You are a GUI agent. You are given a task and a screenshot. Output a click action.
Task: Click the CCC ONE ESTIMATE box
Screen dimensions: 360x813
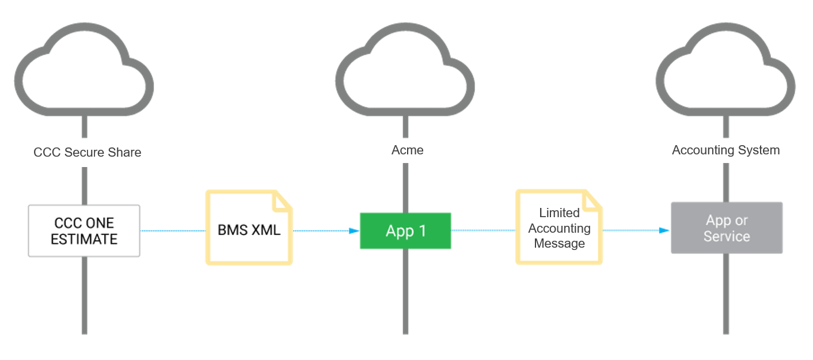tap(84, 230)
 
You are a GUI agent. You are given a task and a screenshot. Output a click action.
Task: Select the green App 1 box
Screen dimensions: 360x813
tap(405, 231)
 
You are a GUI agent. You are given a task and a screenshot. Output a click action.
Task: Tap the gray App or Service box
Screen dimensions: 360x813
tap(726, 228)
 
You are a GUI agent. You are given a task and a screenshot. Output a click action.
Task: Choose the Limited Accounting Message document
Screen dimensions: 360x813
tap(559, 228)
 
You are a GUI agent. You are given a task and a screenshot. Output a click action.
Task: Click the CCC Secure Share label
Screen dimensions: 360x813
tap(84, 153)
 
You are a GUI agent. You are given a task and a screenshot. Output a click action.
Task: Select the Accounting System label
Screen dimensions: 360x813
tap(725, 151)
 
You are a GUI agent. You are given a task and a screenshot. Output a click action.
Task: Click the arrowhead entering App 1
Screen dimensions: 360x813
tap(354, 231)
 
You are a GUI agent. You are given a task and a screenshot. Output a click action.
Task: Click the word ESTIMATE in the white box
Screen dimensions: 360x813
tap(84, 239)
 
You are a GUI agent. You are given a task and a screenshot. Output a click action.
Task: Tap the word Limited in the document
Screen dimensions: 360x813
tap(559, 213)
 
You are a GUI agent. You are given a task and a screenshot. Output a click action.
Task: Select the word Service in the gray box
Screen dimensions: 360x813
tap(727, 236)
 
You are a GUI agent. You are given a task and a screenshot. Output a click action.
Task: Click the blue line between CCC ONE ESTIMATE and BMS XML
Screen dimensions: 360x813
tap(172, 230)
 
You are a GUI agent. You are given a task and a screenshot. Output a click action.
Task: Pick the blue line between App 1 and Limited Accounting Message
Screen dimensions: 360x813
tap(483, 230)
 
